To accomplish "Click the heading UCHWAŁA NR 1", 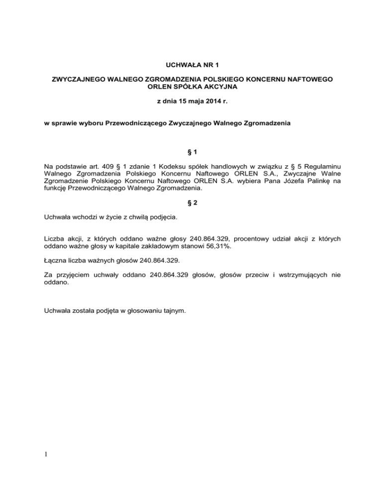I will [x=191, y=64].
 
